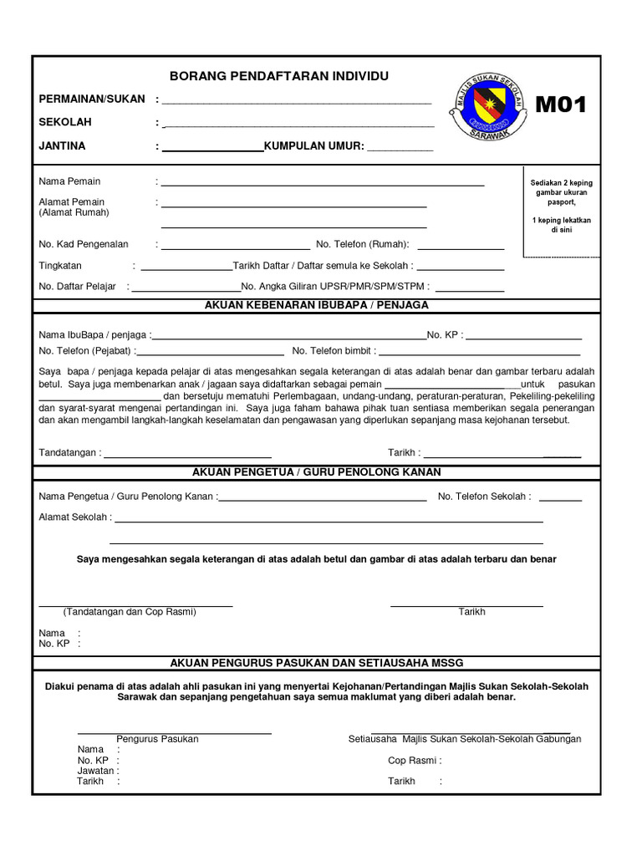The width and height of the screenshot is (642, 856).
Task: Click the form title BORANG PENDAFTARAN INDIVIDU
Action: (279, 76)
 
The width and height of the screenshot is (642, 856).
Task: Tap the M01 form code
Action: (561, 104)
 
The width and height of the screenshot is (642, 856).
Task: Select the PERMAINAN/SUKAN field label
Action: (92, 99)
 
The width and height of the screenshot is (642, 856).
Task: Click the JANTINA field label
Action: (63, 146)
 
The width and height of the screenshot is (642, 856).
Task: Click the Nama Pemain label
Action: (69, 181)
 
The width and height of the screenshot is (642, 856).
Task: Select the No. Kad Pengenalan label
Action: (84, 244)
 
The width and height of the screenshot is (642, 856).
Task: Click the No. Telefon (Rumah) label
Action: (362, 244)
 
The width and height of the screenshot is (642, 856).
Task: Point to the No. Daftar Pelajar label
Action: (77, 287)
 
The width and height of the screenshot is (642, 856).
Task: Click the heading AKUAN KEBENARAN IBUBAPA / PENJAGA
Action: (316, 305)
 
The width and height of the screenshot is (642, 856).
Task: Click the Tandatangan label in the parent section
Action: (69, 453)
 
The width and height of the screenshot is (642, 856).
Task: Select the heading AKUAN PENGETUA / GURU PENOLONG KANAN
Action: (316, 472)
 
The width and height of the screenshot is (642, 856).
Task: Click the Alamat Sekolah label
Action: (74, 517)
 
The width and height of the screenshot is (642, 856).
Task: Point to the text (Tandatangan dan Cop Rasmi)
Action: (130, 612)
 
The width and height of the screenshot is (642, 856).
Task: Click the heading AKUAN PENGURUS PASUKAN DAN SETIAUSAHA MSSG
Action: (316, 662)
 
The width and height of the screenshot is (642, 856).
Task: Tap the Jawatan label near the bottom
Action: (95, 771)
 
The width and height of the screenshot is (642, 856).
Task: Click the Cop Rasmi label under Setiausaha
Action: (414, 761)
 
